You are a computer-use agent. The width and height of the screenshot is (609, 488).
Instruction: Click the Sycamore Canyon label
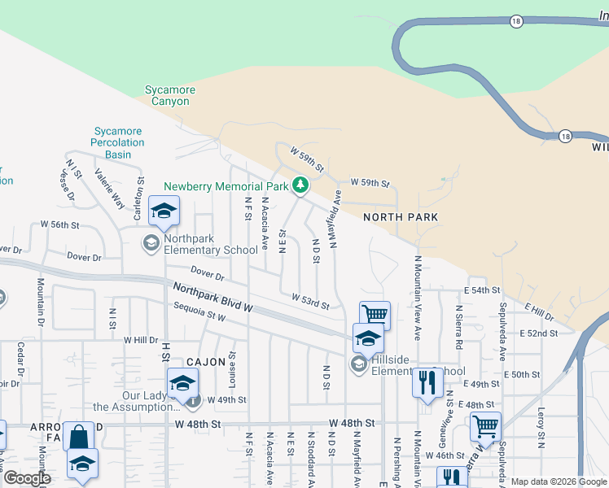coord(167,95)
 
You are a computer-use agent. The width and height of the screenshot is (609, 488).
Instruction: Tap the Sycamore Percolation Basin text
coord(118,142)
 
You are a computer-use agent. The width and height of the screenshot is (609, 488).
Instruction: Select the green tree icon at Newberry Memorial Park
coord(300,185)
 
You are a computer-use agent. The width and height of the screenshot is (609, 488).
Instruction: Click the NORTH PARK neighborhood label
coord(401,217)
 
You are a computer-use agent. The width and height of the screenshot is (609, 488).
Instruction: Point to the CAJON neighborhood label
coord(204,361)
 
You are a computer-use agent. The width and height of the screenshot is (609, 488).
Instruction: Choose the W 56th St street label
coord(61,224)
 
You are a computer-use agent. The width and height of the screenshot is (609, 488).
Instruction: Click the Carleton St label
coord(141,192)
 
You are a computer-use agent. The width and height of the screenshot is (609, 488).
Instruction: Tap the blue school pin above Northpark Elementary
coord(164,211)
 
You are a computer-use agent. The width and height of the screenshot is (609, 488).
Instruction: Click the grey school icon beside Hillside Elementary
coord(359,365)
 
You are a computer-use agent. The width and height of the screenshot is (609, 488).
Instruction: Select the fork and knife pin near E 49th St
coord(427,381)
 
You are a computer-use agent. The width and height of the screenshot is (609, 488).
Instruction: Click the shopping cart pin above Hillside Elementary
coord(375,314)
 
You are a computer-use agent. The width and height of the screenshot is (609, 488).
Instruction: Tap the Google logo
coord(28,478)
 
